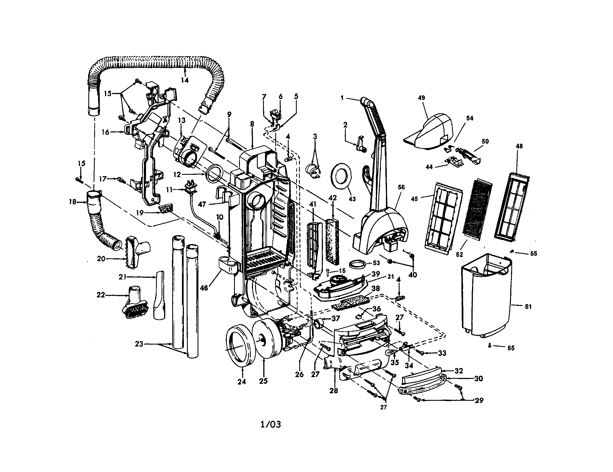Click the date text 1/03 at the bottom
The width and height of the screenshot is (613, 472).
click(271, 424)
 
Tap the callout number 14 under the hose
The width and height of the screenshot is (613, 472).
click(184, 80)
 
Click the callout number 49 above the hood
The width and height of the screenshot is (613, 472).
click(421, 98)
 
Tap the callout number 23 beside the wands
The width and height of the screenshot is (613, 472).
click(139, 344)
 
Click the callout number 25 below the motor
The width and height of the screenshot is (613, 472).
click(263, 381)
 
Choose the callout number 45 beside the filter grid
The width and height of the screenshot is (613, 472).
click(414, 199)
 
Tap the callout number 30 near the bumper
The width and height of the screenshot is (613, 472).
click(478, 379)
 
